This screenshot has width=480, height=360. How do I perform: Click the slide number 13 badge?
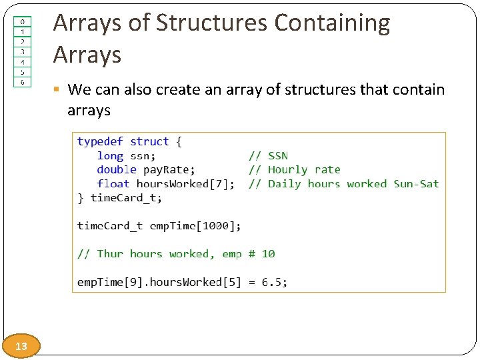point(21,346)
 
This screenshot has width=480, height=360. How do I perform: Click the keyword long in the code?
point(110,156)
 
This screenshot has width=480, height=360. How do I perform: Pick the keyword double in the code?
point(117,170)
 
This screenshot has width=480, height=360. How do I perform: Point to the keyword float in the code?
point(113,184)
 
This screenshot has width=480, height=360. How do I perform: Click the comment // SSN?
point(268,156)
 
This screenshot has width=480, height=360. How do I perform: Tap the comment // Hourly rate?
point(294,170)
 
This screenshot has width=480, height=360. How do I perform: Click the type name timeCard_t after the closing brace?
point(126,198)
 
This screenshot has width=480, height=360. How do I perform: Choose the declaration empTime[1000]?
point(195,226)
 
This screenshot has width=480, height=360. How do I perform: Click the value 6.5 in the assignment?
point(272,282)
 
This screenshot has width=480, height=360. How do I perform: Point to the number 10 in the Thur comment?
point(268,254)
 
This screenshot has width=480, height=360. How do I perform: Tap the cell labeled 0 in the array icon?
point(22,21)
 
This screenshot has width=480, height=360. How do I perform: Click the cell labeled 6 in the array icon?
point(22,82)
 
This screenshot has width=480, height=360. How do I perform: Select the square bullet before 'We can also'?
point(58,89)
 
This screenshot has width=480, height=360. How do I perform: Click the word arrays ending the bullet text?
point(89,110)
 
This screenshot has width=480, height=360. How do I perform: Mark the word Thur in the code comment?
point(110,254)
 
